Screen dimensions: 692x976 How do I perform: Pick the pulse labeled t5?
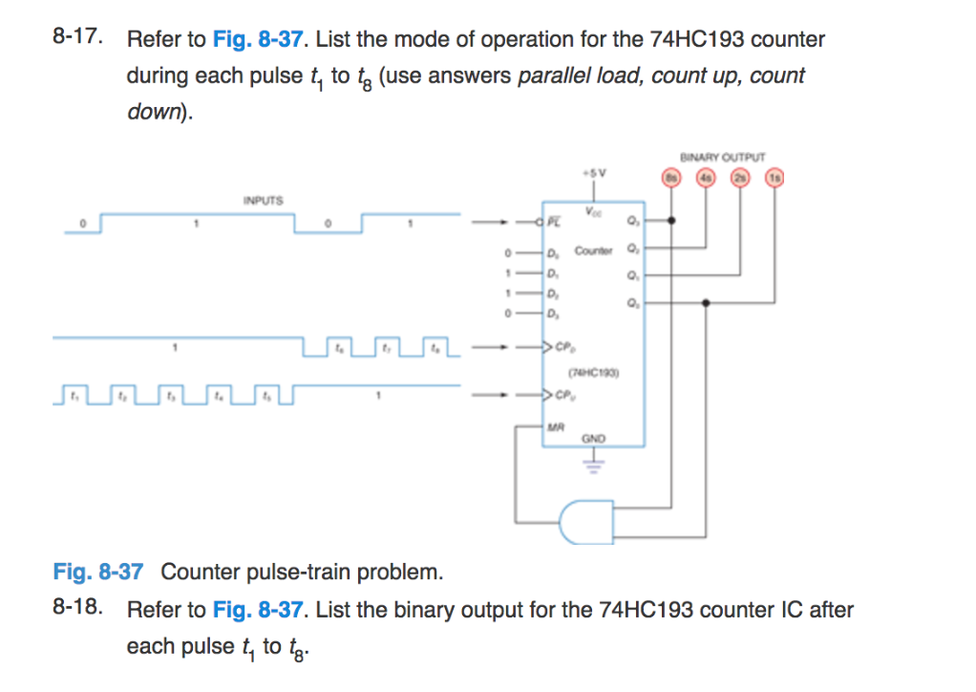pos(268,392)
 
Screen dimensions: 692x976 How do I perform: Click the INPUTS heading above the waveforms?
pos(263,202)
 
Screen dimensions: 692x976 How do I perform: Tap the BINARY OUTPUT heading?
pos(723,157)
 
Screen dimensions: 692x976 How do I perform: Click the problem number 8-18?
pos(77,609)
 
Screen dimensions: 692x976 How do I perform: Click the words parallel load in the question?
pos(580,76)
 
